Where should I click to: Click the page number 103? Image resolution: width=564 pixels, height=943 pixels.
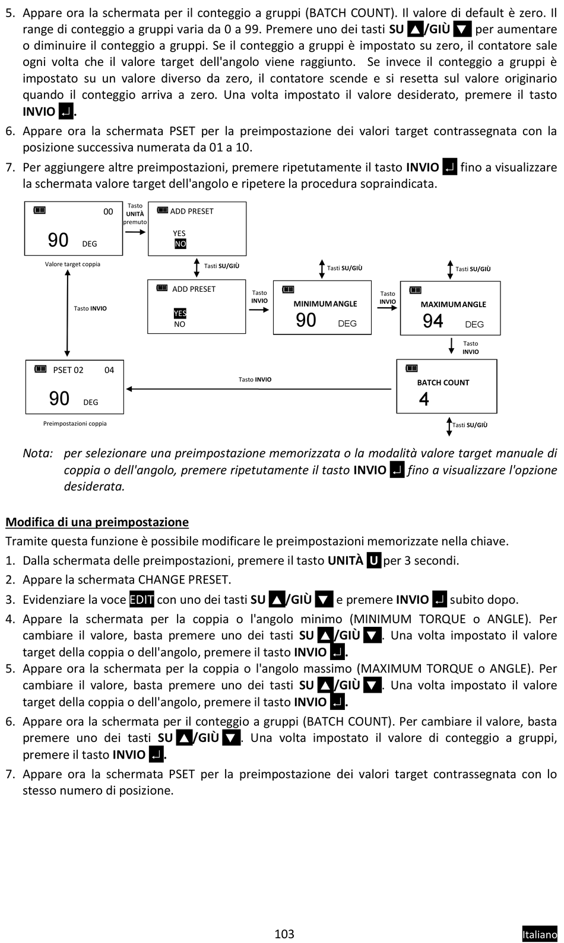point(284,934)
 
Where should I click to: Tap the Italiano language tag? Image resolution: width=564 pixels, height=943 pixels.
point(540,934)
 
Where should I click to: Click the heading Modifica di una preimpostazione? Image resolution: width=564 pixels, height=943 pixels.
point(97,522)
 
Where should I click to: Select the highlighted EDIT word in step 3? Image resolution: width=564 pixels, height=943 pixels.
point(142,599)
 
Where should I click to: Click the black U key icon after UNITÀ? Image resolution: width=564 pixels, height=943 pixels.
point(374,560)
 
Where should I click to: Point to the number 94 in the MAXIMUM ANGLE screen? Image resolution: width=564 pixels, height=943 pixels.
point(433,321)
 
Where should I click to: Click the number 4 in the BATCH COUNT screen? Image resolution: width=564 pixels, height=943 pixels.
point(424,399)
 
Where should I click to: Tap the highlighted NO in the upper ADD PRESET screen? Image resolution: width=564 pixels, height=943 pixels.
point(180,244)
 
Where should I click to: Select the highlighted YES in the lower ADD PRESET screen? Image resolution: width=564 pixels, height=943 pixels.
point(180,313)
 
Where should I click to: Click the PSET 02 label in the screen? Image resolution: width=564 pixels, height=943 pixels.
point(68,370)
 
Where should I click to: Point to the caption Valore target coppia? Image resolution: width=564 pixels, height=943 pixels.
point(72,265)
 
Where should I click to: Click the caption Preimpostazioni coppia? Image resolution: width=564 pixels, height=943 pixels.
point(75,423)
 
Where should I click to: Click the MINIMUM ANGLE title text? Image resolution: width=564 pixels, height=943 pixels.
point(325,304)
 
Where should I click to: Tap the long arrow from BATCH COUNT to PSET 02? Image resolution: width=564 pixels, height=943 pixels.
point(259,389)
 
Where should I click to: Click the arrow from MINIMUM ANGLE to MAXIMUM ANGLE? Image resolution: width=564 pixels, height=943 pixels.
point(387,308)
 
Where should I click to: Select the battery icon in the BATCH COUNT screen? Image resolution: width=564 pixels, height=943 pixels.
point(412,368)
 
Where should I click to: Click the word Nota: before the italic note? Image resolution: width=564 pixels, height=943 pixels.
point(38,453)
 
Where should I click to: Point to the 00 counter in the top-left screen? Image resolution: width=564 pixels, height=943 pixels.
point(108,212)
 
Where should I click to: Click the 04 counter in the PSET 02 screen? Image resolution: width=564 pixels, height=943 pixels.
point(109,370)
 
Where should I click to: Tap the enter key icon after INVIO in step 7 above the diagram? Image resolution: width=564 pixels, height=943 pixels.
point(450,167)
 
